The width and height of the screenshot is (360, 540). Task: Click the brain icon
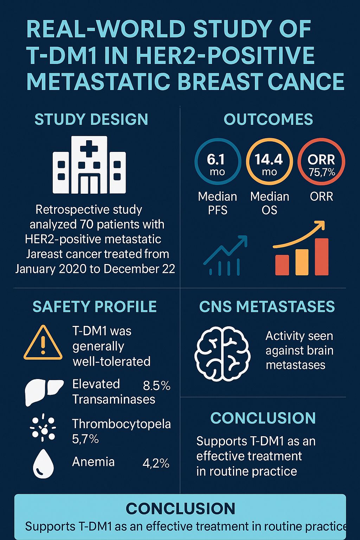coord(222,354)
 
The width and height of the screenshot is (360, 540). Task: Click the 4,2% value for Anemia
coord(156,463)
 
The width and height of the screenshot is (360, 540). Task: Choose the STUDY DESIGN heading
coord(91,119)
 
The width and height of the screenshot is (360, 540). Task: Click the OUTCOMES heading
coord(268,119)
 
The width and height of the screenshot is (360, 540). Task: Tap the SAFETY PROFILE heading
coord(95,307)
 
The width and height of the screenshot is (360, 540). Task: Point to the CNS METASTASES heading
coord(267,307)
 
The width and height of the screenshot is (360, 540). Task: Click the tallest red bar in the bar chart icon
coord(322,257)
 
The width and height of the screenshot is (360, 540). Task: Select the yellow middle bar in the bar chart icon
coord(302,262)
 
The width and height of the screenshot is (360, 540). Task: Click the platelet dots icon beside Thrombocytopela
coord(43,427)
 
